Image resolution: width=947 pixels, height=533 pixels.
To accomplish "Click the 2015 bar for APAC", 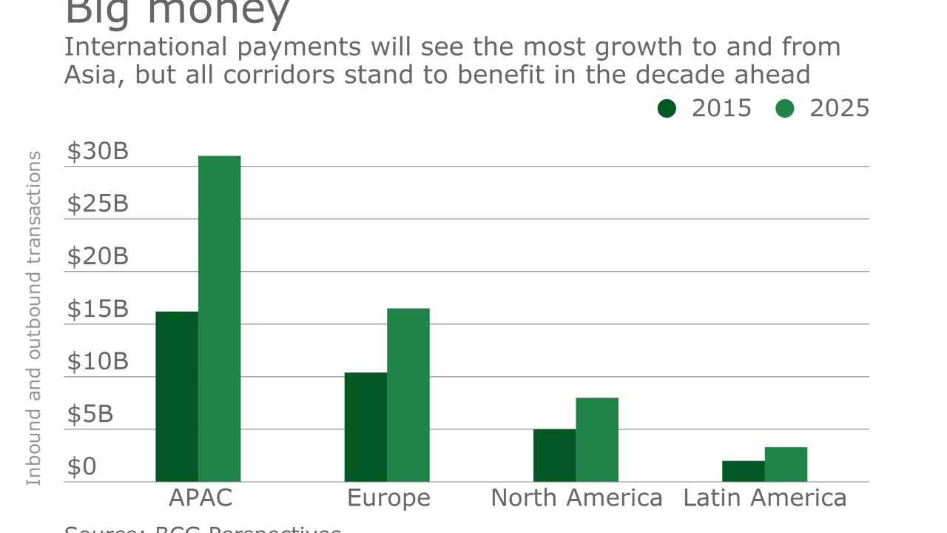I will [177, 397].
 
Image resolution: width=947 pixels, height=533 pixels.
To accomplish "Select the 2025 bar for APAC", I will [220, 319].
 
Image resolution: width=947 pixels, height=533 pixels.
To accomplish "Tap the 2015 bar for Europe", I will [365, 427].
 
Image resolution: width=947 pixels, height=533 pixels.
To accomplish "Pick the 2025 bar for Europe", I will [408, 395].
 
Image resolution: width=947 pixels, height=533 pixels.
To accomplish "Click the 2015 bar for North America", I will [554, 455].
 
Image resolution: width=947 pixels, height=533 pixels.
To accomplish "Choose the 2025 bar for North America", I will [597, 440].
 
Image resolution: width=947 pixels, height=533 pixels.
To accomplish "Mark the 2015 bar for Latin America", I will [743, 472].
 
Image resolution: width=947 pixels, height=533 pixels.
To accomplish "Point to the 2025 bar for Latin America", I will [786, 464].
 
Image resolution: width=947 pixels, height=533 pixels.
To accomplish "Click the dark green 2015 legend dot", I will [667, 109].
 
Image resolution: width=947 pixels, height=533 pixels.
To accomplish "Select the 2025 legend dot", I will [785, 109].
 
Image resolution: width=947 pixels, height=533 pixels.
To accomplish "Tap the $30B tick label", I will [98, 151].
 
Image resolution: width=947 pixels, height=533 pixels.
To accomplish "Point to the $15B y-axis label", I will [98, 309].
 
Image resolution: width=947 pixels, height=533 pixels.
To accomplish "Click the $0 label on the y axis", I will [81, 467].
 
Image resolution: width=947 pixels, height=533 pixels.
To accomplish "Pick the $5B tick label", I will [90, 415].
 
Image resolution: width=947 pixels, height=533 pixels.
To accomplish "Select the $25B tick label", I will [98, 204].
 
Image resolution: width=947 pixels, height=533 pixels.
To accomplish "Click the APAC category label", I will [200, 498].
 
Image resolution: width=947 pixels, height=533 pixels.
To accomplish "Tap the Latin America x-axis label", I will [765, 498].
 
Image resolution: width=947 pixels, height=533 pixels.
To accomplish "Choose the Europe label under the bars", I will [388, 498].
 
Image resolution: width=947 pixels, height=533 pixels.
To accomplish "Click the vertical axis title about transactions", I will [33, 318].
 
